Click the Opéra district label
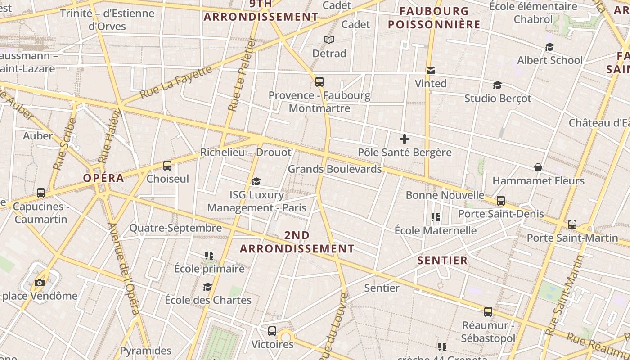tap(103, 178)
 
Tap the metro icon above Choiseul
tap(167, 166)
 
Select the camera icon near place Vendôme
tap(40, 283)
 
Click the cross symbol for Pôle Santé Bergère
tap(405, 139)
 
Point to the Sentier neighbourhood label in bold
tap(442, 260)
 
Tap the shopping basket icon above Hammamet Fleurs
tap(538, 167)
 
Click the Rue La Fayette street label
tap(175, 82)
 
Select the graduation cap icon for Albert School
tap(549, 47)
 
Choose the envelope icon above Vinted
tap(431, 70)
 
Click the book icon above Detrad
tap(329, 40)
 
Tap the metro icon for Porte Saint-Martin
tap(572, 224)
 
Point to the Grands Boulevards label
tap(334, 169)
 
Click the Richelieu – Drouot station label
tap(246, 152)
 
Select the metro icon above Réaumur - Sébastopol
tap(488, 311)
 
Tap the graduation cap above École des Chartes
tap(207, 287)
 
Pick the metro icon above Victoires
tap(272, 331)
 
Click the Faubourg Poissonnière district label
tap(434, 18)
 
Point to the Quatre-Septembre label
tap(175, 228)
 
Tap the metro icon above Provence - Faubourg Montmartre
tap(319, 82)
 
